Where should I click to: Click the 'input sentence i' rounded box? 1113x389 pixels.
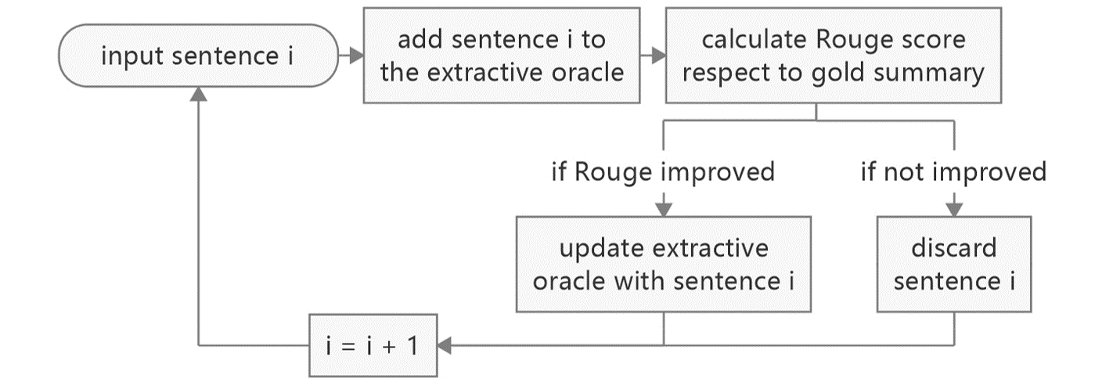point(198,55)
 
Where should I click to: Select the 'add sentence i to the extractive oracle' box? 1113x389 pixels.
point(502,55)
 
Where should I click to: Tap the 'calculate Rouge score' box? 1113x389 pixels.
point(834,55)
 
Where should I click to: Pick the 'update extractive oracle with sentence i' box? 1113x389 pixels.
point(663,265)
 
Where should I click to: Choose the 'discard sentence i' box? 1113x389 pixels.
point(954,265)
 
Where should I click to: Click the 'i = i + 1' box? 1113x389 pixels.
point(373,345)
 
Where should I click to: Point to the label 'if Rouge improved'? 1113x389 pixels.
point(663,172)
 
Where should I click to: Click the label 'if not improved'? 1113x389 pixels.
point(953,172)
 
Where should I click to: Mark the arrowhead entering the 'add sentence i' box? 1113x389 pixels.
point(356,55)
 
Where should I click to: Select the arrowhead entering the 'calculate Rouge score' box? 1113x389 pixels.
point(658,55)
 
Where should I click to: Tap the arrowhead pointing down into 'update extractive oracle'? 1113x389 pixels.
point(664,210)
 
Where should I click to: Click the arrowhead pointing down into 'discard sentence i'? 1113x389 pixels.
point(954,210)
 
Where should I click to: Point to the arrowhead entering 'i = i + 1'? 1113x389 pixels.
point(445,345)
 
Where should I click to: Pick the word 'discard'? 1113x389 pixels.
point(954,248)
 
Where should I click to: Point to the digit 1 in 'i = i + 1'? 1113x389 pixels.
point(412,345)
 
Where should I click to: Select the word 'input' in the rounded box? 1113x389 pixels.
point(132,56)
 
